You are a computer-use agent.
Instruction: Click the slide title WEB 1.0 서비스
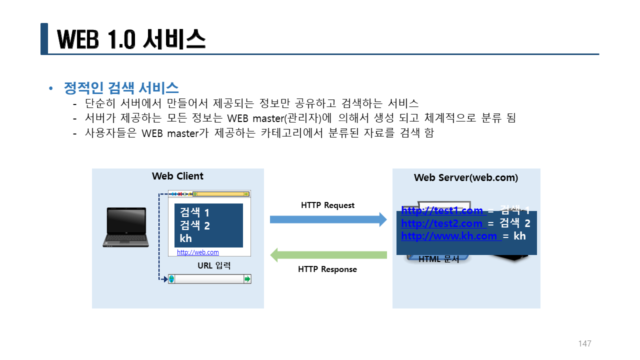click(131, 39)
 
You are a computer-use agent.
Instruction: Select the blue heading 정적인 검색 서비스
click(121, 88)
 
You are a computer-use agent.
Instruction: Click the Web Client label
click(177, 176)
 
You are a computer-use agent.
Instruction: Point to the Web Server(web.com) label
click(466, 177)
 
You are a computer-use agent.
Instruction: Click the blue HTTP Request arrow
click(328, 219)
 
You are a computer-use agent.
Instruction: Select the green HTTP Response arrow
click(328, 255)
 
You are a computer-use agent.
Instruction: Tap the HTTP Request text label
click(327, 205)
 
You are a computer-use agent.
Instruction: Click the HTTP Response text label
click(327, 269)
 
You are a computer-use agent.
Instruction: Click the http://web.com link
click(198, 252)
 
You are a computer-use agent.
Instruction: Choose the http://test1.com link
click(442, 210)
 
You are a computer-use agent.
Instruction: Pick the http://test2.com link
click(442, 223)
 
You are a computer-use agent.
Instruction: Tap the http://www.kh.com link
click(449, 235)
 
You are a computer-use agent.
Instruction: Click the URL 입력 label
click(214, 265)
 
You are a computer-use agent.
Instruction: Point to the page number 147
click(584, 343)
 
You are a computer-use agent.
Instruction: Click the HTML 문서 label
click(438, 259)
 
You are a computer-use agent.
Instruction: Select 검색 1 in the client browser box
click(194, 213)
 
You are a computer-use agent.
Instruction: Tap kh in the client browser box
click(185, 238)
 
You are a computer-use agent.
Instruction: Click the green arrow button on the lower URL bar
click(247, 279)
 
